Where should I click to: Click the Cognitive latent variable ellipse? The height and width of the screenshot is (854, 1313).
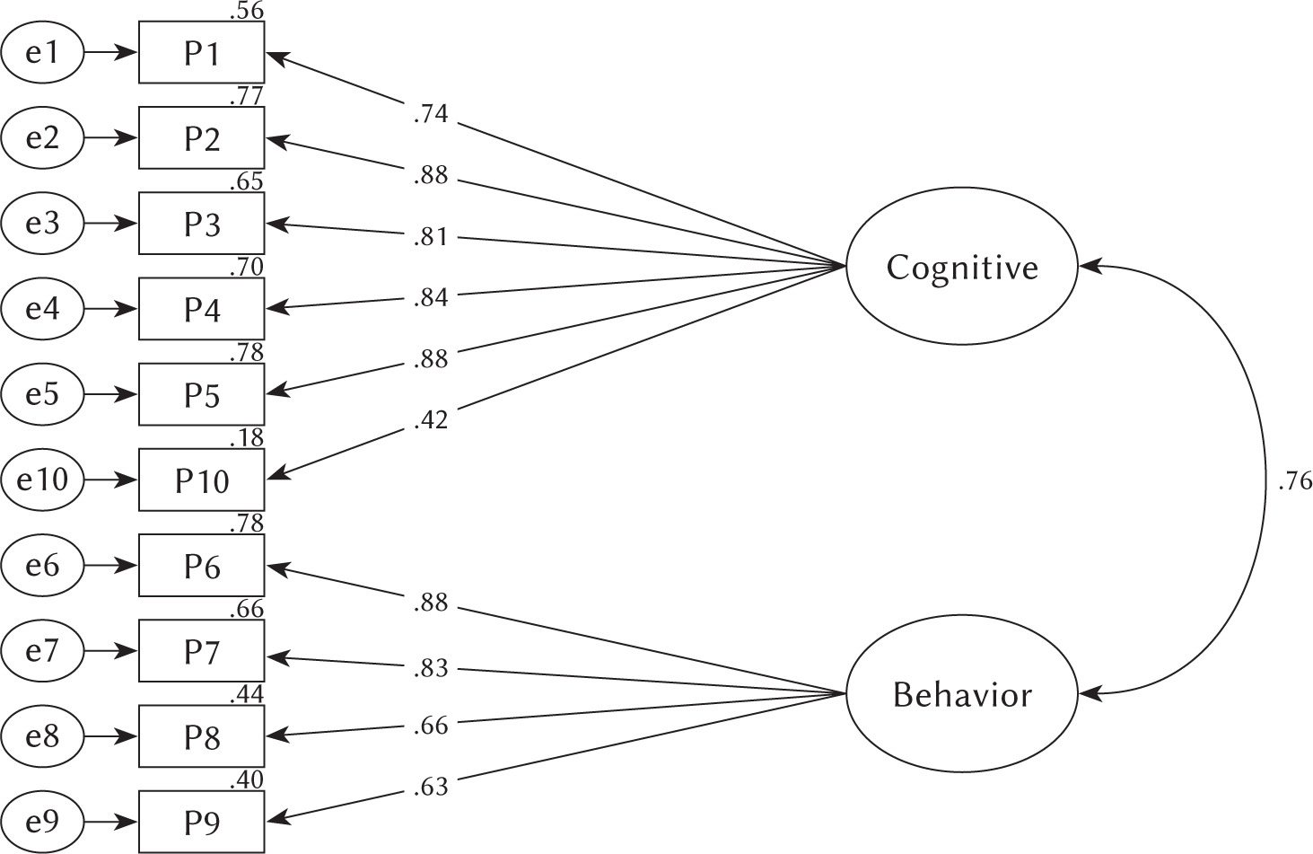(x=961, y=267)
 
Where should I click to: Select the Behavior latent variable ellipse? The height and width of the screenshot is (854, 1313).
(x=961, y=694)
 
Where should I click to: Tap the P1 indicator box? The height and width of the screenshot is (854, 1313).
(x=201, y=53)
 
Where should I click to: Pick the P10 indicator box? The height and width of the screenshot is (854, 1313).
(x=201, y=480)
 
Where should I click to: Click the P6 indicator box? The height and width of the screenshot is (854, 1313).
(x=201, y=566)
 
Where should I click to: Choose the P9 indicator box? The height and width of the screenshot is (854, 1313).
(x=201, y=822)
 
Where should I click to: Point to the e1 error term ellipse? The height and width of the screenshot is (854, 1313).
(x=42, y=53)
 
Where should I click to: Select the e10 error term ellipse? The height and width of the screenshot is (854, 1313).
(x=42, y=480)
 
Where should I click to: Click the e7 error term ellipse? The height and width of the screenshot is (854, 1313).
(x=42, y=651)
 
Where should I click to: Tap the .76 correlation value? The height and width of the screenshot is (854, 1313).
(x=1293, y=482)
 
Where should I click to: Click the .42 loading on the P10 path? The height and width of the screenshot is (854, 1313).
(x=431, y=419)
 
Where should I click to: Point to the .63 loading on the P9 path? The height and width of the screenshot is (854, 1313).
(x=431, y=788)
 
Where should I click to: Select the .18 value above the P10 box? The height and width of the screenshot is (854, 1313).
(x=247, y=438)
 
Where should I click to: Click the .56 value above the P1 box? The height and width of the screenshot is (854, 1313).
(x=247, y=11)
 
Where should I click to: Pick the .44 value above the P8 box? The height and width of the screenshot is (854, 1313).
(x=247, y=694)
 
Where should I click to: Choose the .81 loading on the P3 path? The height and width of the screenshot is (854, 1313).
(x=431, y=237)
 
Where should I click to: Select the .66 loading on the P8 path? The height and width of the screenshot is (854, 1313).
(x=431, y=726)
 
